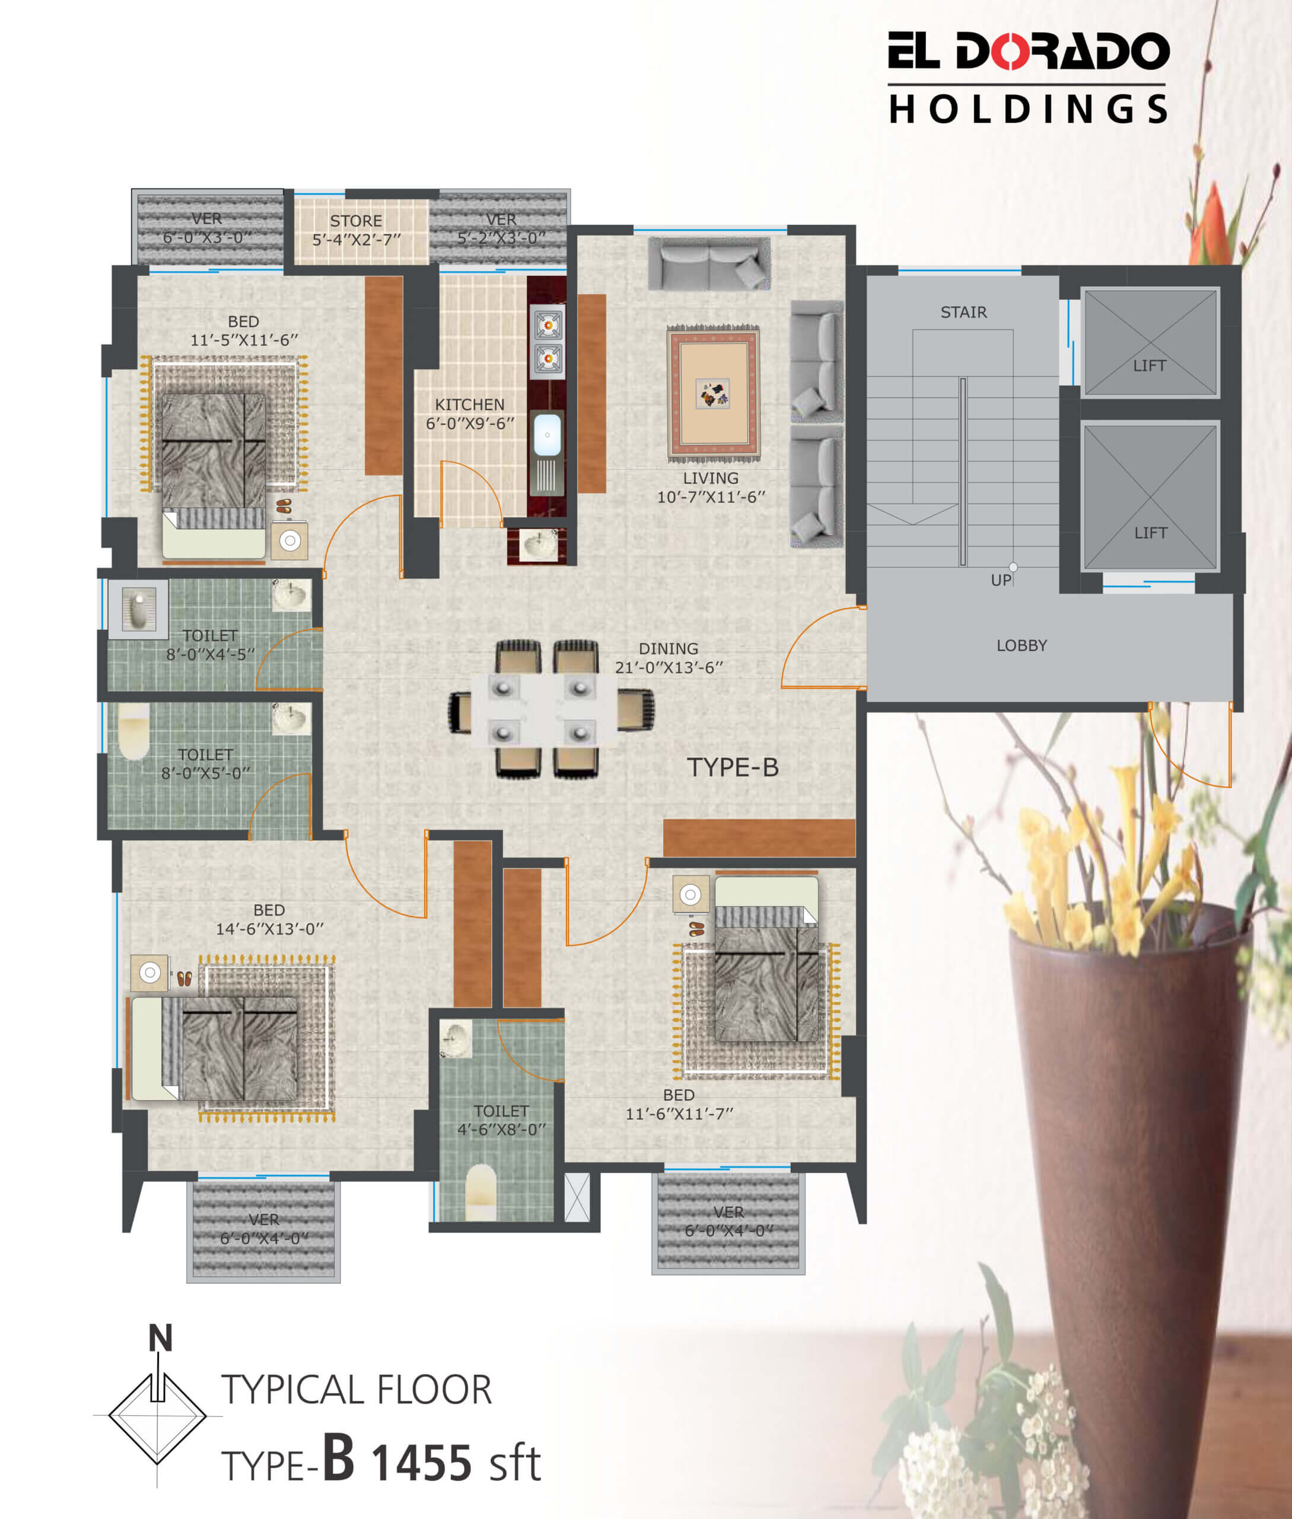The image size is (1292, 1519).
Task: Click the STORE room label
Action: [x=356, y=221]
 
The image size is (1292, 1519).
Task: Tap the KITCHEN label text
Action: [x=469, y=405]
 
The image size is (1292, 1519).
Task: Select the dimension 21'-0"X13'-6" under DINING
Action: [x=669, y=667]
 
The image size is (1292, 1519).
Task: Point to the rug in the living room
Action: [x=712, y=393]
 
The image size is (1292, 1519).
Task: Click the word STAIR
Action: [x=963, y=312]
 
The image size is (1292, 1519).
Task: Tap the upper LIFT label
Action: [x=1149, y=365]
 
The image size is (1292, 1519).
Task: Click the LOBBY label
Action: [x=1021, y=646]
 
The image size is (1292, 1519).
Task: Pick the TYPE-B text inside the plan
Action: [x=733, y=767]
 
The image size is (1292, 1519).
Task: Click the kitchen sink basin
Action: [x=547, y=434]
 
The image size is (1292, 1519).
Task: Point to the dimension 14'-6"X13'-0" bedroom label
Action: [x=269, y=929]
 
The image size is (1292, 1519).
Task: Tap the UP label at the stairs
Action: [x=1001, y=580]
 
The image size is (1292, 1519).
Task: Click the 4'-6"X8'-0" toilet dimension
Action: [x=502, y=1129]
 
